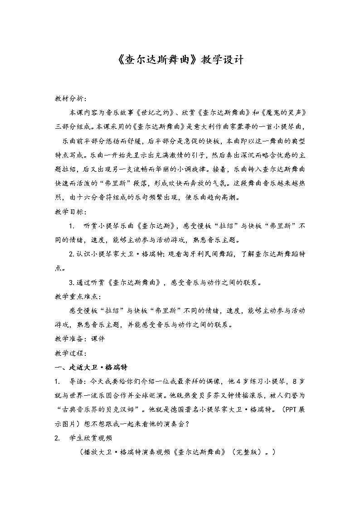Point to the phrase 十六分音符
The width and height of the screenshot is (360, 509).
[x=97, y=198]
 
